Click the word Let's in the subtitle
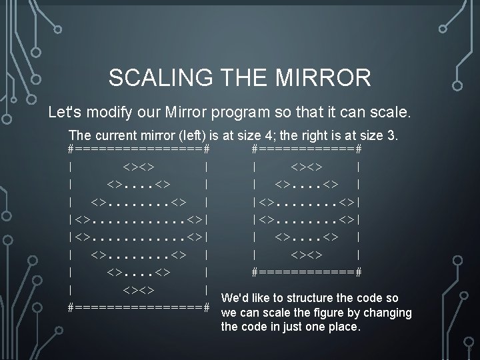tap(65, 111)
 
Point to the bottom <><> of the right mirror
tap(307, 254)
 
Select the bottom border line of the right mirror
tap(307, 271)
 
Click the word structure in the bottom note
tap(317, 298)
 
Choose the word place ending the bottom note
tap(344, 327)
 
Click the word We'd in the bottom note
tap(234, 298)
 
